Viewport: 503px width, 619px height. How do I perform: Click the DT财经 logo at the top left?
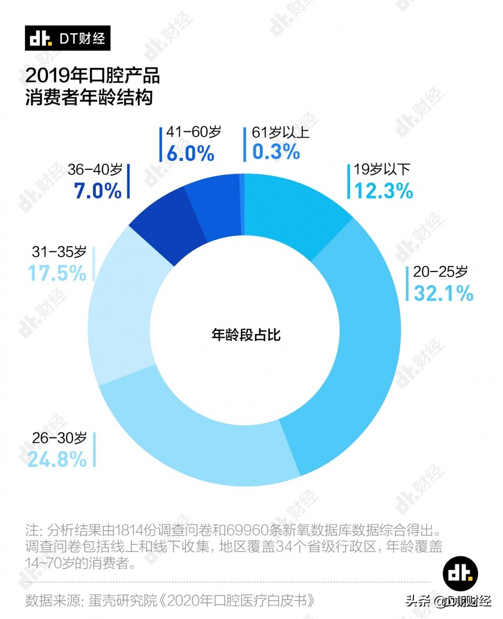[x=68, y=39]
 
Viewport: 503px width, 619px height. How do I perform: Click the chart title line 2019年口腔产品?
[x=92, y=76]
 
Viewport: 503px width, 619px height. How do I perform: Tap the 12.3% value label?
[x=384, y=191]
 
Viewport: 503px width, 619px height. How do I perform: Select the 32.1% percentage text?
[x=443, y=293]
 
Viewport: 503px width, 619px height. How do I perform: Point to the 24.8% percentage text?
[x=57, y=459]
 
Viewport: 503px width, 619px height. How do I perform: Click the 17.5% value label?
[x=57, y=273]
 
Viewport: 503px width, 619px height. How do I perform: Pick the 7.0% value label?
[x=97, y=191]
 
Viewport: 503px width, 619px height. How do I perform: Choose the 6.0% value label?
[x=190, y=153]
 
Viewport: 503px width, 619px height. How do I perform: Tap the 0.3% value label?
[x=276, y=153]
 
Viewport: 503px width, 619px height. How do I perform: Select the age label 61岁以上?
[x=280, y=132]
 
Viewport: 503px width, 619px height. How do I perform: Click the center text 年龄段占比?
[x=246, y=335]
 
